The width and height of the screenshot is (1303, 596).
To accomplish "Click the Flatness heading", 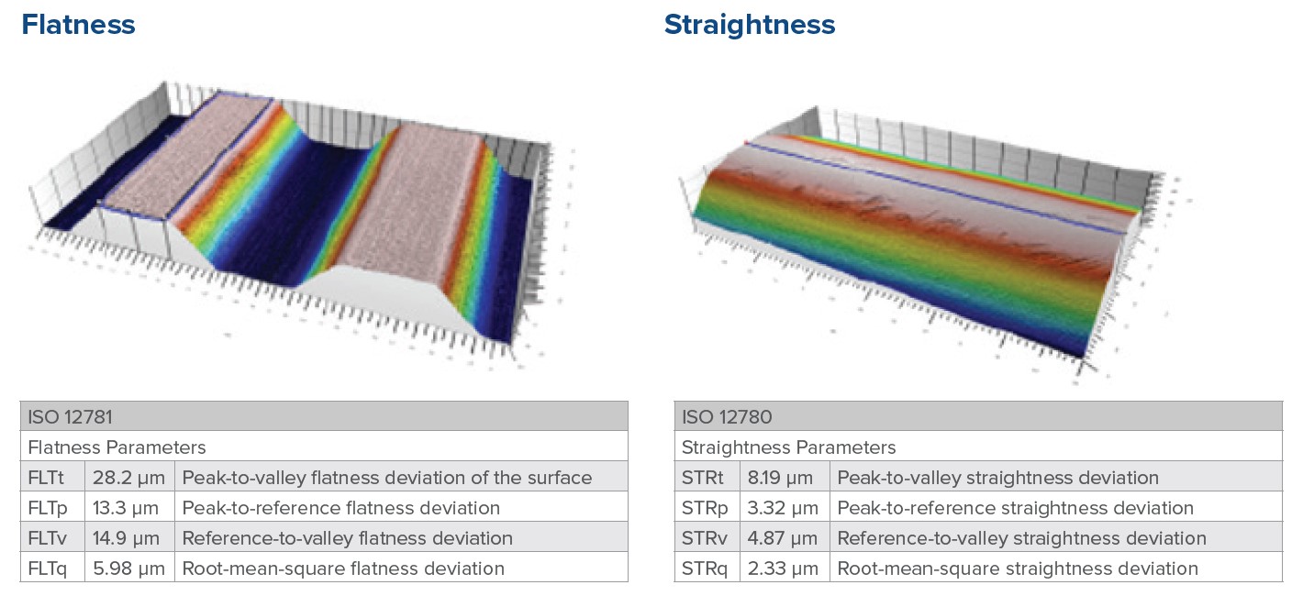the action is coord(78,25).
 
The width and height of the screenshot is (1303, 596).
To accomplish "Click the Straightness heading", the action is coord(749,26).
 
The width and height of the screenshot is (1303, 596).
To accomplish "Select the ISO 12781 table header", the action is coord(70,417).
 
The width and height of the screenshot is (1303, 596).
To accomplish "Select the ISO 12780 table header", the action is coord(727,417).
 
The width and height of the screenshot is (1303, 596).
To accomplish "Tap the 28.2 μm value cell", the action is coord(128,478).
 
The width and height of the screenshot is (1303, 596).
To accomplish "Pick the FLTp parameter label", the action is coord(48,508).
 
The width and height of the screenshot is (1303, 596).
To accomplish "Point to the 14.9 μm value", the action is coord(126,538).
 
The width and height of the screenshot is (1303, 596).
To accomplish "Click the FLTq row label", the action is coord(48,568).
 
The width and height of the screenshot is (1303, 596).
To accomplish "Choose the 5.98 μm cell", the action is coord(128,568).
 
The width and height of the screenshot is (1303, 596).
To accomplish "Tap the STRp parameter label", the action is coord(705,508).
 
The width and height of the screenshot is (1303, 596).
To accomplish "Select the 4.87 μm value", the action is coord(783,538).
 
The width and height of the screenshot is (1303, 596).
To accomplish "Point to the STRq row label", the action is coord(705,568).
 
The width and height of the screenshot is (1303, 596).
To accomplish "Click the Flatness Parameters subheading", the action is coord(117,447).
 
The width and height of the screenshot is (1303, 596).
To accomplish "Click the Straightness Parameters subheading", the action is coord(788,447).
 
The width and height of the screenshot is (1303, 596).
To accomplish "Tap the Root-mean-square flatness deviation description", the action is coord(343,568).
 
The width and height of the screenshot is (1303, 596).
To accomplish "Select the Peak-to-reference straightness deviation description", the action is coord(1015,508).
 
